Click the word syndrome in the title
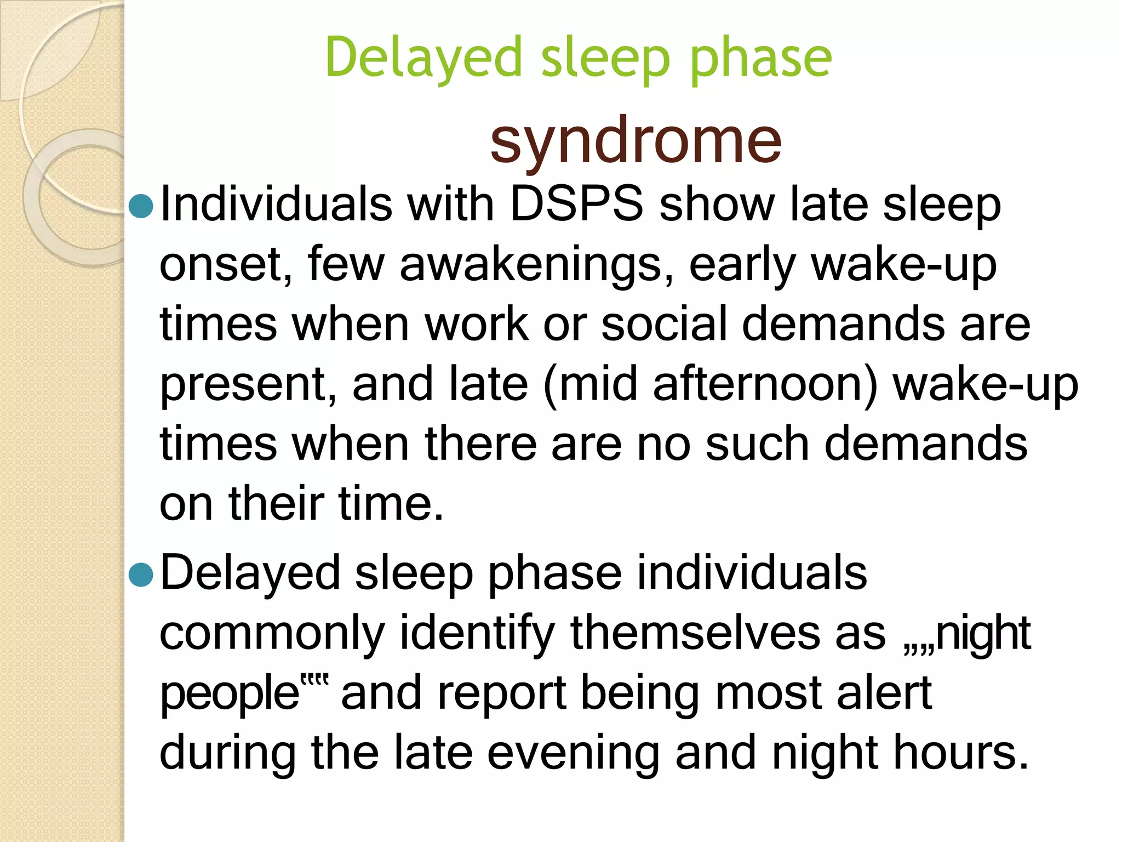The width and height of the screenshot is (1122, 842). (x=636, y=141)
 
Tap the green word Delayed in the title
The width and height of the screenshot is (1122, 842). (x=422, y=58)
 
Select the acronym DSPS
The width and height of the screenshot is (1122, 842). (x=576, y=204)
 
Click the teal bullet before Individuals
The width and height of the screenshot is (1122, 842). (x=141, y=206)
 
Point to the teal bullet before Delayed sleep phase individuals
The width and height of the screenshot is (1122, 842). (x=141, y=574)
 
